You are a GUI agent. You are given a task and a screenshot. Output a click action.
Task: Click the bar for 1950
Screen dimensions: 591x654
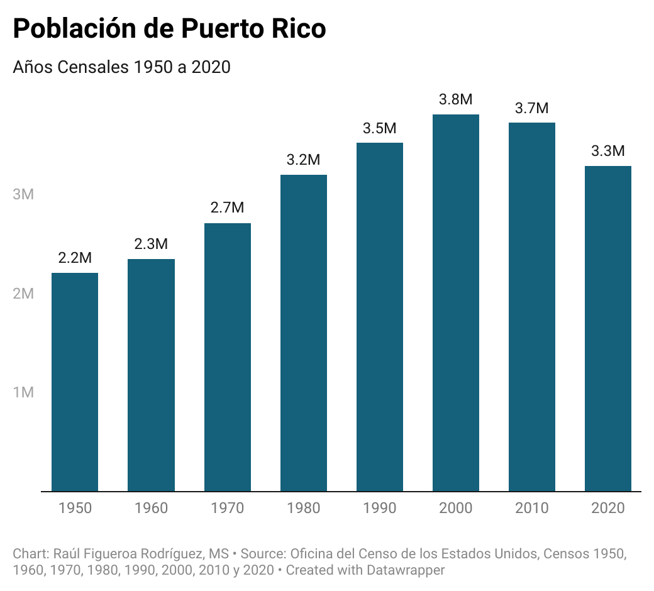pos(75,382)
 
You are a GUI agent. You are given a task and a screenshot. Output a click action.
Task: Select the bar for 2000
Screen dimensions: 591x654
pos(456,302)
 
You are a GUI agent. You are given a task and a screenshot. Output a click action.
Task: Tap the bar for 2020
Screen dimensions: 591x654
pos(608,328)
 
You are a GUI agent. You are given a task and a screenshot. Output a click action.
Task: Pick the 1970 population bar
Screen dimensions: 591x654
pos(228,357)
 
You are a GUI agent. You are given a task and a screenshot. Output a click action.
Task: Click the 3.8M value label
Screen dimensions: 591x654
pos(456,99)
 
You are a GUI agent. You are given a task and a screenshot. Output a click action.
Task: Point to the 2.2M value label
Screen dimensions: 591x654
pos(75,258)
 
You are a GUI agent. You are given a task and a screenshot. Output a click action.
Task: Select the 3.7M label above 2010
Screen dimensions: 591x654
pos(532,108)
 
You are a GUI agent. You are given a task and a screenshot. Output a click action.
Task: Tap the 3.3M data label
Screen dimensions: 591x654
pos(608,151)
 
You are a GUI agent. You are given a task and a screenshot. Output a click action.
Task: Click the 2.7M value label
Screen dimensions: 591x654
pos(228,208)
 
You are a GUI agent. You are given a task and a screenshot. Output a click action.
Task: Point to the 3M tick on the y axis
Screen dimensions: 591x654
pos(23,194)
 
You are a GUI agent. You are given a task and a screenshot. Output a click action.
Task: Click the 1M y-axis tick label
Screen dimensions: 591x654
pos(23,392)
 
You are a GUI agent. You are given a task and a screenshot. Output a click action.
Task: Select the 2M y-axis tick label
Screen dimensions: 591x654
pos(23,294)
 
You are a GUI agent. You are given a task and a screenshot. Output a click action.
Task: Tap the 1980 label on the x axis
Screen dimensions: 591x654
pos(304,508)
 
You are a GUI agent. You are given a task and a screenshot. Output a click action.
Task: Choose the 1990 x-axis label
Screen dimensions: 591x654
pos(380,508)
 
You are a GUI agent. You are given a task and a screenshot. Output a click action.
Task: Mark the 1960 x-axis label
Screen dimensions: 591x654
pos(151,508)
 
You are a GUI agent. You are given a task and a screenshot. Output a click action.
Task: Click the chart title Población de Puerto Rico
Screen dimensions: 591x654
pos(170,30)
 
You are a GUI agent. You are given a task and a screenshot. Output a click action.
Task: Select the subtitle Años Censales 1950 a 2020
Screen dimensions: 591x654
pos(121,67)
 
